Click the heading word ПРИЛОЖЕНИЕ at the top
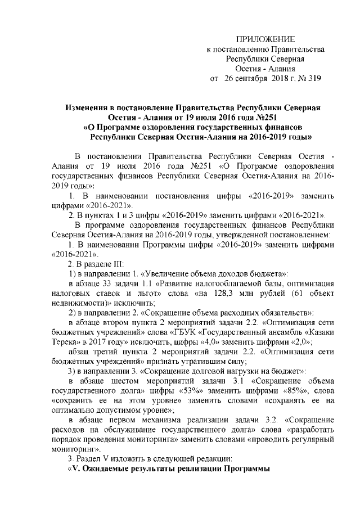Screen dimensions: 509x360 coord(265,38)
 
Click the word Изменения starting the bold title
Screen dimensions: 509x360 coord(86,107)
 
